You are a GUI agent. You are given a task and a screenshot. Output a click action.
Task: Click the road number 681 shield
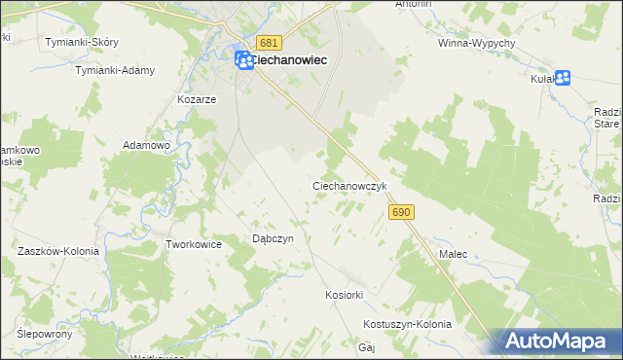click(x=270, y=43)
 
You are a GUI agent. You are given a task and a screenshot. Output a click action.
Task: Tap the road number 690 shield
click(x=400, y=211)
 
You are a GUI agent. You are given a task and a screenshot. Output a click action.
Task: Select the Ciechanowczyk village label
click(x=350, y=185)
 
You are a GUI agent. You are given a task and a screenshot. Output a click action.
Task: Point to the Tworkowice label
click(x=195, y=244)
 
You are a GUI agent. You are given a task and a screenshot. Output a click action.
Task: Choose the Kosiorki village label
click(x=344, y=294)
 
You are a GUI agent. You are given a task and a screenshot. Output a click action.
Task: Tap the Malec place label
click(x=454, y=254)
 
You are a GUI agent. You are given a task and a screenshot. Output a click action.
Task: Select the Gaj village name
click(x=367, y=346)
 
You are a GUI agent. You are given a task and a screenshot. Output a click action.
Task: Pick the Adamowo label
click(x=146, y=145)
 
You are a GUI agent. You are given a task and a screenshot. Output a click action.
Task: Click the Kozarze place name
click(x=196, y=99)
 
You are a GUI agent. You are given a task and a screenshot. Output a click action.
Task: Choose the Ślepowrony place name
click(x=46, y=333)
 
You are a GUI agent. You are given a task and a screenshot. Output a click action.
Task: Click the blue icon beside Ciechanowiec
click(x=244, y=60)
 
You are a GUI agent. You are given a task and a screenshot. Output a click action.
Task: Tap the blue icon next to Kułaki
click(x=562, y=79)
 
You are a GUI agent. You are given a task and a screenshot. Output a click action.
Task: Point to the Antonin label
click(x=413, y=5)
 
